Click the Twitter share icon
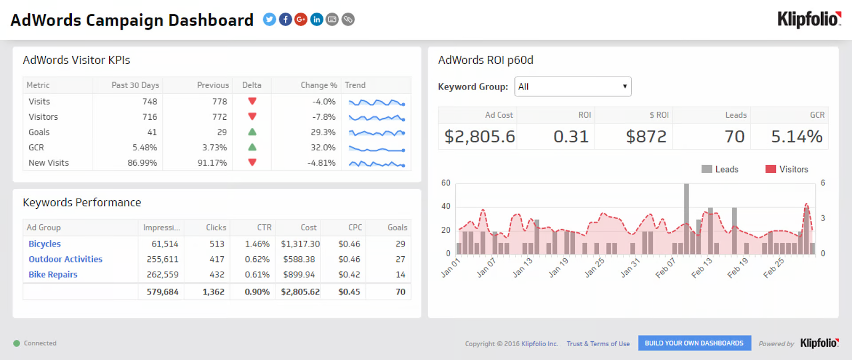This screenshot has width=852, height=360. coord(269,19)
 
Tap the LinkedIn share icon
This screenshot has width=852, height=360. coord(316,19)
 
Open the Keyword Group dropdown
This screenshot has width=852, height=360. coord(573,87)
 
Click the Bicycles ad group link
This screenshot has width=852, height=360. coord(45,244)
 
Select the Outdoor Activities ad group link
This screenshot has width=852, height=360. coord(65,259)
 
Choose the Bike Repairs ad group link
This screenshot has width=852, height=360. coord(53,274)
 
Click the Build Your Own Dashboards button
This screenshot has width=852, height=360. coord(694,343)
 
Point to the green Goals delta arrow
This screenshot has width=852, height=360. coord(252,132)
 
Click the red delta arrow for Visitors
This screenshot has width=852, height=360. coord(252,117)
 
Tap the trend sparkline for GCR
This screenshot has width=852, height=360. coord(376,149)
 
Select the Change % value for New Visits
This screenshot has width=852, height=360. coord(322,163)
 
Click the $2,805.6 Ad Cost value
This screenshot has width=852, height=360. coord(480,137)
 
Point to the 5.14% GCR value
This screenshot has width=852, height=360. coord(797,137)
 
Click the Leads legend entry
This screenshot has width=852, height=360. coord(719,169)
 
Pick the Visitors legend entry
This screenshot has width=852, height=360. coord(787,169)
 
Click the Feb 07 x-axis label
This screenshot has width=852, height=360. coord(666,267)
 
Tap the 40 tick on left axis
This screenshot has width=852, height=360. coord(446,206)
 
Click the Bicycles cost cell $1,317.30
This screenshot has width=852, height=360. coord(300,244)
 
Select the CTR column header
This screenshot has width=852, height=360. coord(264,227)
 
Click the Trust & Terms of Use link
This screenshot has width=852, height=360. coord(599,343)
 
